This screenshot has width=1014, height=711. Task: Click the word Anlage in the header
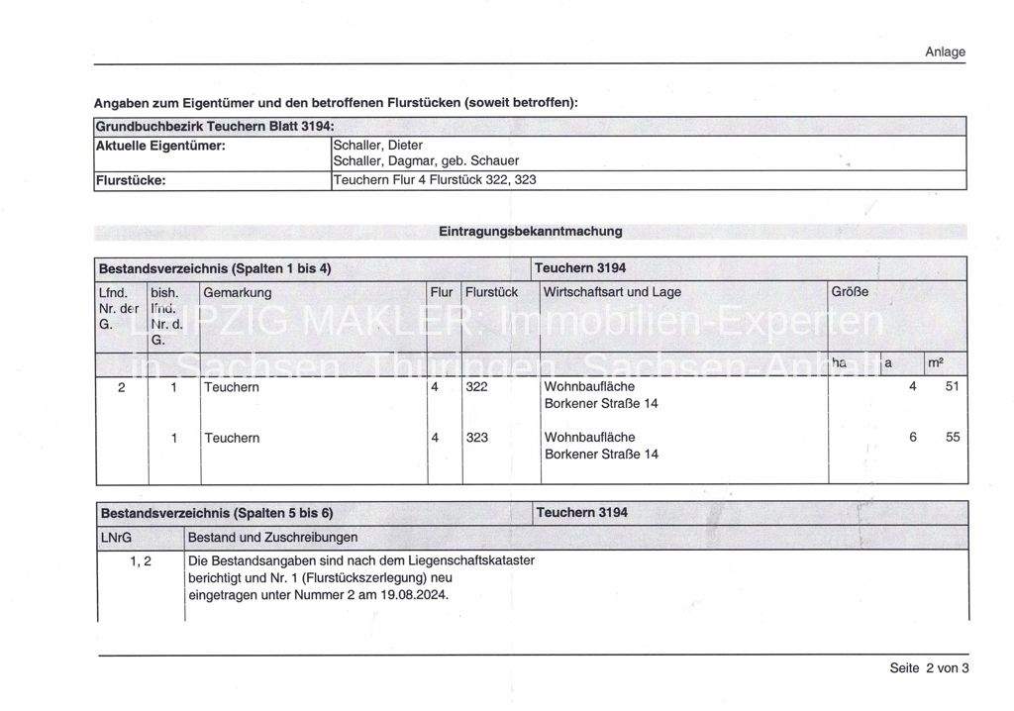pos(945,51)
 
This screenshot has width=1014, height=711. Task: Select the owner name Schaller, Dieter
pos(378,145)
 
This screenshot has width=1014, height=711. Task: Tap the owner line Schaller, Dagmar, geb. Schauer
pos(426,160)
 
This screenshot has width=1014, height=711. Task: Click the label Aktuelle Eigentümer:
pos(160,146)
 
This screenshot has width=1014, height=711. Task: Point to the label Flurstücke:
pos(130,180)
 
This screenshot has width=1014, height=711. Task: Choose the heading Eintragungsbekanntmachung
pos(530,231)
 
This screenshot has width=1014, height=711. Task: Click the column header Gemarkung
pos(238,292)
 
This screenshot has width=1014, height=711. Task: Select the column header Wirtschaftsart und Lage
pos(612,292)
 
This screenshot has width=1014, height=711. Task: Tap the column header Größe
pos(850,292)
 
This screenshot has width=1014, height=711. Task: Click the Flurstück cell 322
pos(477,387)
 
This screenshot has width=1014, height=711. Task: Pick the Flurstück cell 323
pos(477,437)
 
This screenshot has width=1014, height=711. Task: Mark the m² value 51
pos(952,387)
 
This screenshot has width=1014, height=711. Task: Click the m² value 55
pos(952,437)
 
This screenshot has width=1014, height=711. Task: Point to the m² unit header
pos(936,363)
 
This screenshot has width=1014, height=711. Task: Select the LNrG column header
pos(116,537)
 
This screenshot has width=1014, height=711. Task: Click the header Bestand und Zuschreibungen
pos(272,537)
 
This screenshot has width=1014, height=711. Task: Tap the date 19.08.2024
pos(415,595)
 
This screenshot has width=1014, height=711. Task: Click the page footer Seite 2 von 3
pos(929,667)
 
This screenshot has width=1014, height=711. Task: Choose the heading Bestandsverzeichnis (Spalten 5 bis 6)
pos(217,513)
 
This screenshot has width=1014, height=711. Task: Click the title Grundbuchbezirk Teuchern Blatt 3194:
pos(215,126)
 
